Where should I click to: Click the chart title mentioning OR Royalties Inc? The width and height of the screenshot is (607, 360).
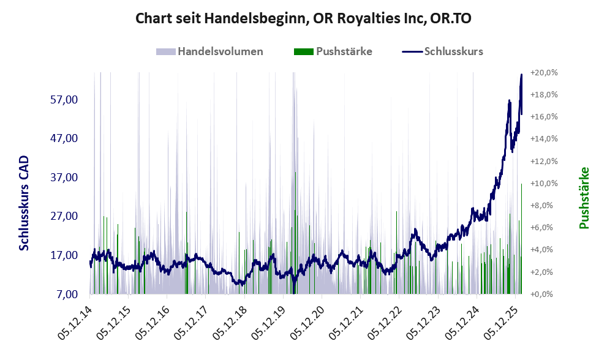point(303,19)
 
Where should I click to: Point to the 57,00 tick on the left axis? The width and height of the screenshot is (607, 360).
point(62,99)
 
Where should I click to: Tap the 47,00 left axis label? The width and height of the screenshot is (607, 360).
point(62,138)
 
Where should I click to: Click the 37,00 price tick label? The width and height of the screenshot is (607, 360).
point(62,178)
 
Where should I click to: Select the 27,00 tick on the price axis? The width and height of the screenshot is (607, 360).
point(62,216)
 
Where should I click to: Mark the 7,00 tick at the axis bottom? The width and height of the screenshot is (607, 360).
point(65,294)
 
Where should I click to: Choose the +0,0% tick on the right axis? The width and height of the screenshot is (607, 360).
point(545,294)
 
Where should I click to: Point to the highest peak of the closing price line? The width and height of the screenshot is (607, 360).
point(521,75)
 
